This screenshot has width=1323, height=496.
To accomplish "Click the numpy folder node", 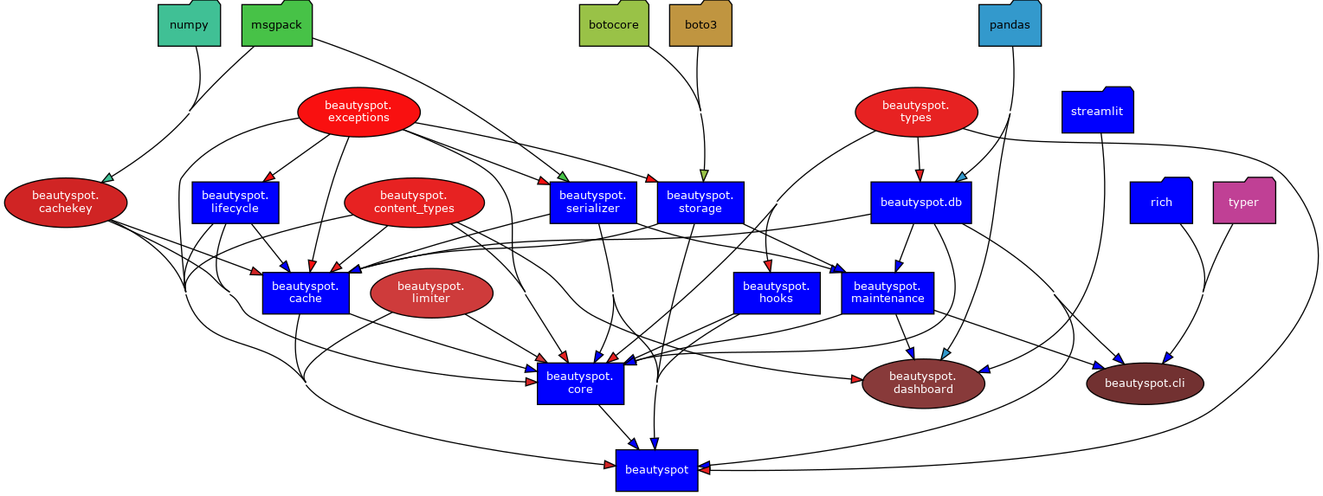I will point(189,24).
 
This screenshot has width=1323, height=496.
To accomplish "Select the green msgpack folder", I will point(276,24).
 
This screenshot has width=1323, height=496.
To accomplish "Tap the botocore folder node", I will point(613,24).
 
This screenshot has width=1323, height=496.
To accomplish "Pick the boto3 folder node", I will point(700,24).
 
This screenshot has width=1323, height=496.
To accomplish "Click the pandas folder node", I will point(1010,24).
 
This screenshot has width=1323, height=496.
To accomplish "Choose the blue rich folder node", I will point(1161,202).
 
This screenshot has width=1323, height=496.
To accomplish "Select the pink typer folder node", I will point(1243,202).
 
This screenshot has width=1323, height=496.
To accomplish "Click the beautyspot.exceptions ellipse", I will point(358,112).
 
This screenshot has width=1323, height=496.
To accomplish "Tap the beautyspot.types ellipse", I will point(916,112).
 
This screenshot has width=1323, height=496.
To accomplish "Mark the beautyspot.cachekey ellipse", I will point(66,203).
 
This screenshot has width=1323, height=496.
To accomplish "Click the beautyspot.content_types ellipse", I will point(414,203).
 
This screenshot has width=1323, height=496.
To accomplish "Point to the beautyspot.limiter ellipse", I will point(431,293).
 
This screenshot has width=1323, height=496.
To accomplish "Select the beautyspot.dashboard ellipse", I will point(923,383).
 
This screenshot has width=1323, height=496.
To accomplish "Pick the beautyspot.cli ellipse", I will point(1145,383).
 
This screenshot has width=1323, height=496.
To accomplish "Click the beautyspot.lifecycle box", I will point(235,202).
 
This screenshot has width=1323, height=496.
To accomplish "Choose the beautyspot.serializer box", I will point(593,202).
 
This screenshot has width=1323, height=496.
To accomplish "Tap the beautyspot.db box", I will point(920,203).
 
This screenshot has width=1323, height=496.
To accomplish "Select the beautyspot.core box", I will point(580,383).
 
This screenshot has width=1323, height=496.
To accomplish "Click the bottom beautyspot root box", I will point(656,470).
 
